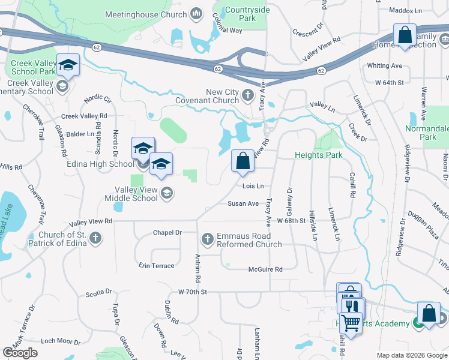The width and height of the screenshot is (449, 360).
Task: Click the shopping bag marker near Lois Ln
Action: pos(243,162)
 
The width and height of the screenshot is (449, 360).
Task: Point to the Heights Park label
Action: pos(318,155)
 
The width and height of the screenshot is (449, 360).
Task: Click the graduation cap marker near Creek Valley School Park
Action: pos(68,65)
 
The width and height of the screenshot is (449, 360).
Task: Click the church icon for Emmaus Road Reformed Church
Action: pos(208,239)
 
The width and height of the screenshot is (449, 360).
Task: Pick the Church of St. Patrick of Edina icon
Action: pos(95,239)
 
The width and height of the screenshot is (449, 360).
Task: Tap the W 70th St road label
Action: pos(192,292)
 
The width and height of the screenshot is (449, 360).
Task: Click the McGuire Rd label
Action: pos(265,270)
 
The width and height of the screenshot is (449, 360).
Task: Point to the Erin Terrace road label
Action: pos(156,266)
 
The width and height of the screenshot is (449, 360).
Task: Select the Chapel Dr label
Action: pos(167,232)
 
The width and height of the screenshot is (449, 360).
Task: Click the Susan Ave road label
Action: pos(243,203)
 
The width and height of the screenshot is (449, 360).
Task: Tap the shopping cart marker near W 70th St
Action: pos(351,323)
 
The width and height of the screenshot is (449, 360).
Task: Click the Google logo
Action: pos(20,353)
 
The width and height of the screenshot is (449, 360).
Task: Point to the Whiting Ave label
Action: pos(384,65)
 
